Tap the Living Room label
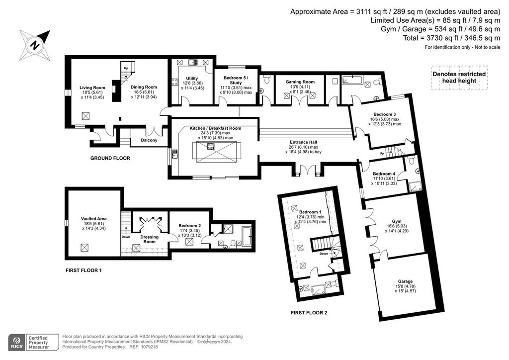[92, 88]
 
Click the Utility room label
[192, 79]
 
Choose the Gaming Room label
[300, 82]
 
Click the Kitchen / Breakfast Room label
[215, 128]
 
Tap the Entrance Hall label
[305, 143]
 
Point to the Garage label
[405, 281]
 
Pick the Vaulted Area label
[93, 219]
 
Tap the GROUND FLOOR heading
[110, 158]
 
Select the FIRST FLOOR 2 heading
[309, 313]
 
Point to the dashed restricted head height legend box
[458, 78]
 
